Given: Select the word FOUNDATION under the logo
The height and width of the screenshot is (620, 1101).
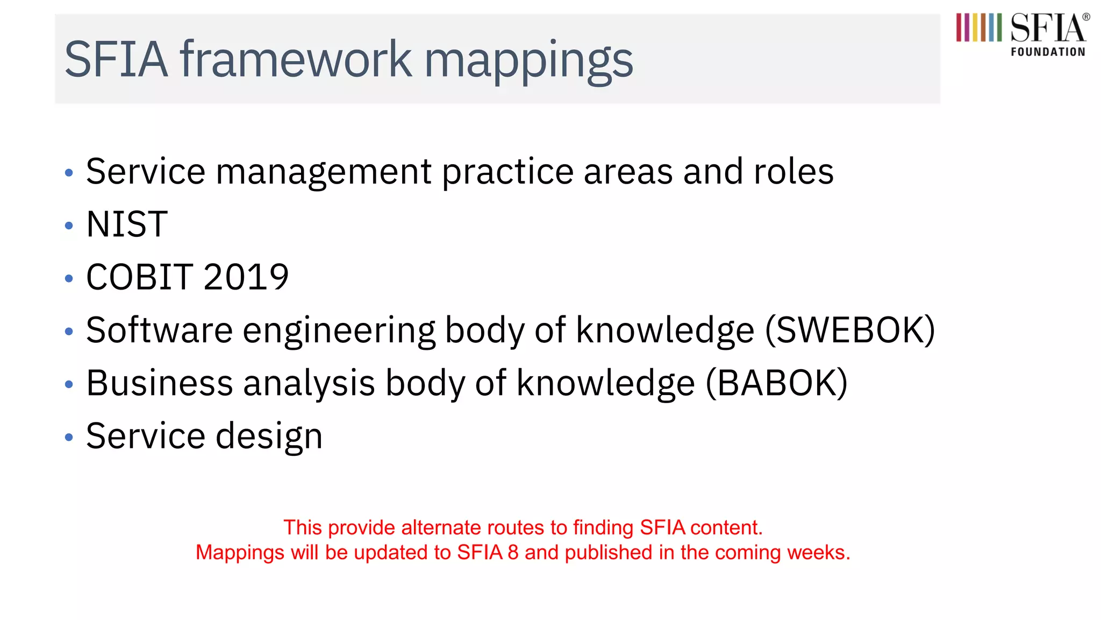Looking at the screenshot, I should [1048, 52].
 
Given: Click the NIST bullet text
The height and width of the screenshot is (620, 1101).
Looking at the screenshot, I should [127, 224].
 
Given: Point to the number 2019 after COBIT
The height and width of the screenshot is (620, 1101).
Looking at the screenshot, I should [246, 277].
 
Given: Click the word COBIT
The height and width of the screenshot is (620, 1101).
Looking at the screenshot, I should [139, 277].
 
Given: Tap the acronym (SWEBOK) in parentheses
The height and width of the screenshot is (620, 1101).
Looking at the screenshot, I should [849, 330].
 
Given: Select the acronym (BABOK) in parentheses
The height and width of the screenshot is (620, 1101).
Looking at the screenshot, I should [776, 383].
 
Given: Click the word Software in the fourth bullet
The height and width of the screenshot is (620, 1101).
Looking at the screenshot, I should [159, 330].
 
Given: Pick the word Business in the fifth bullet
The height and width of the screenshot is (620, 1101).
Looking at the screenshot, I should [159, 383].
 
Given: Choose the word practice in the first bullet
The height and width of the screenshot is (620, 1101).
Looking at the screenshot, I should [508, 173].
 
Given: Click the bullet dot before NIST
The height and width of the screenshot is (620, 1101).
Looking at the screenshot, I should [69, 226].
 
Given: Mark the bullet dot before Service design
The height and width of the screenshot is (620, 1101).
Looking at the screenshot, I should [69, 437].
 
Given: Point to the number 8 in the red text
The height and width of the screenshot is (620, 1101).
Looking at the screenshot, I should [513, 553].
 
